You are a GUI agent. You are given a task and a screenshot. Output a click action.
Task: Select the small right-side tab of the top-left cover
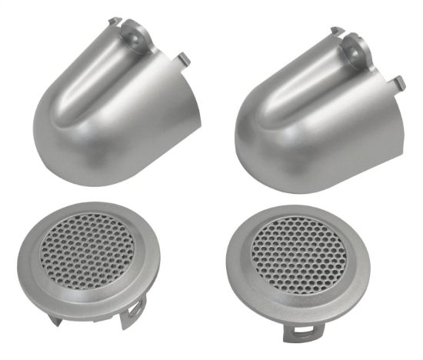(185, 58)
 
